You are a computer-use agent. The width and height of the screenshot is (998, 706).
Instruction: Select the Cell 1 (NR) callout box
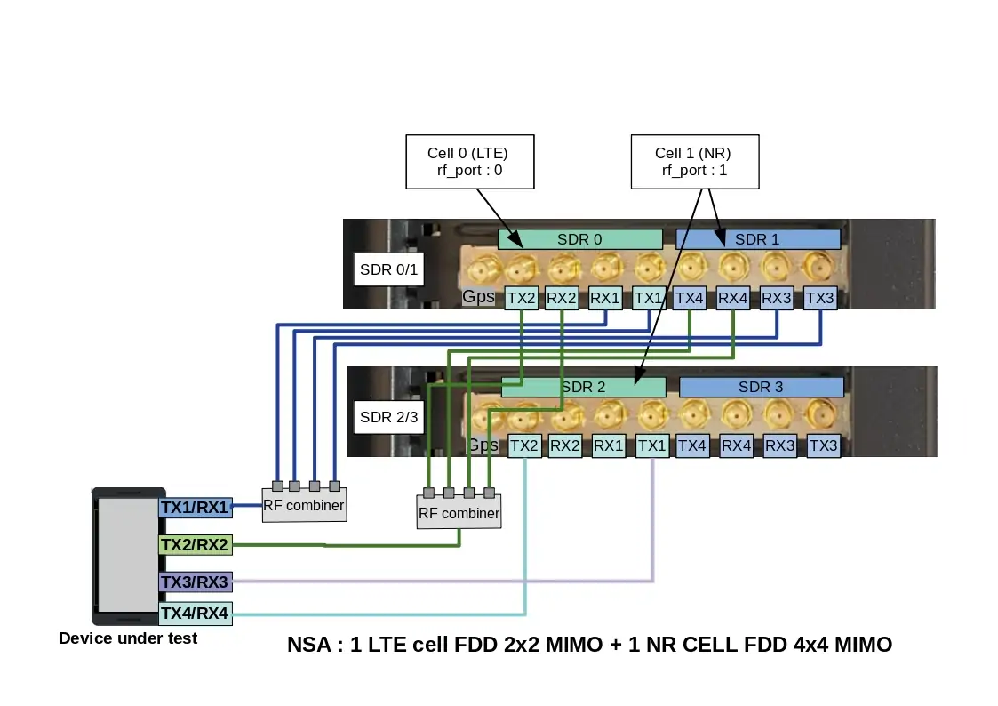coord(694,162)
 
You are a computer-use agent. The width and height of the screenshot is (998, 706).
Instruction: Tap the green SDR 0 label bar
coord(579,239)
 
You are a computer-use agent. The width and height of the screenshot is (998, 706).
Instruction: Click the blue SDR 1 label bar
coord(758,239)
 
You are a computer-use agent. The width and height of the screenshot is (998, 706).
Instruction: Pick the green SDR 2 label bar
coord(583,387)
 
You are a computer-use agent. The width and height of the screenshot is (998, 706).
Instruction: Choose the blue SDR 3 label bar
coord(761,387)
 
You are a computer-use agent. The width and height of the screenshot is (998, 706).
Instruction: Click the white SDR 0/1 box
coord(387,269)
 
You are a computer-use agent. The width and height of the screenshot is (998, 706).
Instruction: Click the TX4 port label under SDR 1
coord(690,299)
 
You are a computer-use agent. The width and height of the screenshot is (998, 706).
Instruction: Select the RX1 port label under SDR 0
coord(605,299)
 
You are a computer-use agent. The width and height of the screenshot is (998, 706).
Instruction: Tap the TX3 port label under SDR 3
coord(823,445)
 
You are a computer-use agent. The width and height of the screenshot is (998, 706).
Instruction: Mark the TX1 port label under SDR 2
coord(651,445)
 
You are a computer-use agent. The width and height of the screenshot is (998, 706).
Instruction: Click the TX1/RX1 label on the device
coord(195,508)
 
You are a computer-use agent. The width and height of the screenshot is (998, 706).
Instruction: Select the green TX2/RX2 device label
coord(195,544)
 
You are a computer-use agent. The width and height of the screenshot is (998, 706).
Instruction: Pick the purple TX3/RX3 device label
coord(195,582)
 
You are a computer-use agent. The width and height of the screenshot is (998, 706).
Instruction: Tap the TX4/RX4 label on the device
coord(195,613)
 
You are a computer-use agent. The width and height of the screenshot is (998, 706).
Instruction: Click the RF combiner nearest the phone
coord(304,506)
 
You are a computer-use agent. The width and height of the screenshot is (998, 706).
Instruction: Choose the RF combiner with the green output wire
coord(459,513)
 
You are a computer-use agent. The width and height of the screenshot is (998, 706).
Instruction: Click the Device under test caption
coord(128,638)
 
